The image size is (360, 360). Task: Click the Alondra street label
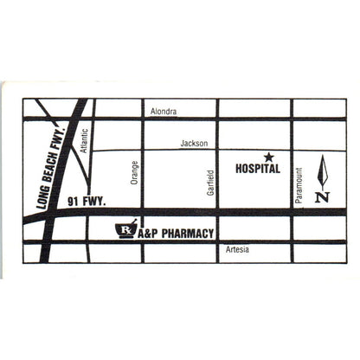pyautogui.click(x=164, y=112)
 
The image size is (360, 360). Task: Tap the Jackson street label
pyautogui.click(x=194, y=144)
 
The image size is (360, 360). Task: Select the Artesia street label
pyautogui.click(x=237, y=249)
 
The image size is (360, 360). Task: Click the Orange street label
pyautogui.click(x=134, y=173)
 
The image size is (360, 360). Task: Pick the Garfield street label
pyautogui.click(x=210, y=181)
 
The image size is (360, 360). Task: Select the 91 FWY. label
pyautogui.click(x=86, y=202)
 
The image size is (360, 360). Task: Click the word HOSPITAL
pyautogui.click(x=258, y=170)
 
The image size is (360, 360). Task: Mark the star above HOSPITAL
pyautogui.click(x=268, y=157)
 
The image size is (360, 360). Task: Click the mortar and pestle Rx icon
pyautogui.click(x=126, y=230)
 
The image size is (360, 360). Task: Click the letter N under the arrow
pyautogui.click(x=322, y=196)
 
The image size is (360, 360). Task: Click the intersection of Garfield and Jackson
pyautogui.click(x=217, y=150)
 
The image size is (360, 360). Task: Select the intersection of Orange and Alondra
pyautogui.click(x=142, y=118)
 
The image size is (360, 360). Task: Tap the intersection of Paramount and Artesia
pyautogui.click(x=292, y=242)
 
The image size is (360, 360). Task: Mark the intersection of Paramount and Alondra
pyautogui.click(x=292, y=118)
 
